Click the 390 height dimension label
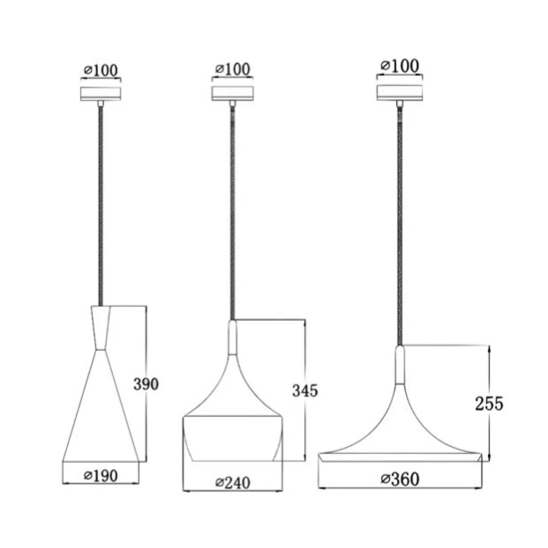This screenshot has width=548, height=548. (x=146, y=384)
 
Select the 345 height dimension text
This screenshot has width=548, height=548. (x=305, y=390)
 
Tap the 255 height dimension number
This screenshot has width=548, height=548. (x=489, y=403)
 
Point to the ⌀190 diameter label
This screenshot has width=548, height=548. (x=101, y=475)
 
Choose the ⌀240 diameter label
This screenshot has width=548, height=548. (x=233, y=483)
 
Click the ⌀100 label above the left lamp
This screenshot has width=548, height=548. (x=101, y=70)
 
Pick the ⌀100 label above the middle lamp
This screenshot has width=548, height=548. (x=233, y=69)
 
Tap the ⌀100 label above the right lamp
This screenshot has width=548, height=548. (x=400, y=66)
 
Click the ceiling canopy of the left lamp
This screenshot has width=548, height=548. (x=101, y=94)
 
